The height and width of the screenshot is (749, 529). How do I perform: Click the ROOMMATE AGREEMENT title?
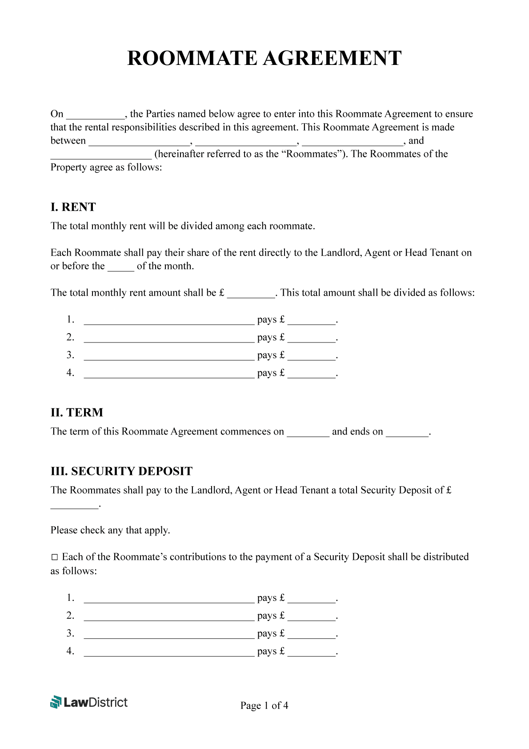[264, 58]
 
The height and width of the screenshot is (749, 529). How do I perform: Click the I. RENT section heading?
[73, 207]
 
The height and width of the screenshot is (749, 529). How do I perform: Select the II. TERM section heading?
[76, 413]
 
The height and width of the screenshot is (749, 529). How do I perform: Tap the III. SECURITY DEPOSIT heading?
[121, 471]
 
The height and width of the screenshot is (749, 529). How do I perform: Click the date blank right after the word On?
[95, 115]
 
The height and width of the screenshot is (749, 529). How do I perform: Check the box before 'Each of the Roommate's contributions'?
[55, 557]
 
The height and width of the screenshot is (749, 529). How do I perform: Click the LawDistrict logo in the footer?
[89, 702]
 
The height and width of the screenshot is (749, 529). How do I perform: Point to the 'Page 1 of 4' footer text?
[264, 705]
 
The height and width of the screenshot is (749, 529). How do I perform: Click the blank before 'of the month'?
[120, 267]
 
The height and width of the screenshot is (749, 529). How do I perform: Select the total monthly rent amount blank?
[251, 294]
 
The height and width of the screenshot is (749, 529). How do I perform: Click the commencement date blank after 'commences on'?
[308, 433]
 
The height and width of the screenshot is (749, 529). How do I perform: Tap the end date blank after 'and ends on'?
[407, 433]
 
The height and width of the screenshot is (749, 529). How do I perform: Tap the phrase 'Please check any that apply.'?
[110, 530]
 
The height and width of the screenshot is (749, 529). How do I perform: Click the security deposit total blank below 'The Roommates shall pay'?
[74, 505]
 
